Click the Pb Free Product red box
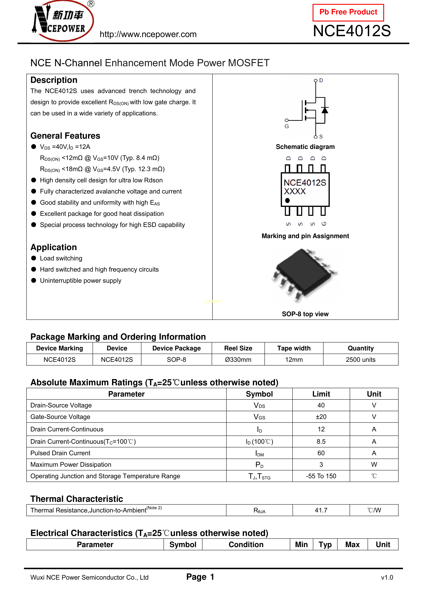click(348, 12)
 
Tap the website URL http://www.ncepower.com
click(148, 34)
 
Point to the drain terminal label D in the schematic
click(321, 80)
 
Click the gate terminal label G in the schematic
click(287, 126)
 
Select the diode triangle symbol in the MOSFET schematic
click(325, 110)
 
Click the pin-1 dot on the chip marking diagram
click(287, 201)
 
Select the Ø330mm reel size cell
click(238, 360)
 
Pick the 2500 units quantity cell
click(361, 360)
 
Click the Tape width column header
click(294, 348)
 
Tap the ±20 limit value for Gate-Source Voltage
click(321, 417)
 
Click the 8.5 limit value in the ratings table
click(321, 442)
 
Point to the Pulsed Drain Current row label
click(60, 453)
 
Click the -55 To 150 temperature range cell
click(321, 476)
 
